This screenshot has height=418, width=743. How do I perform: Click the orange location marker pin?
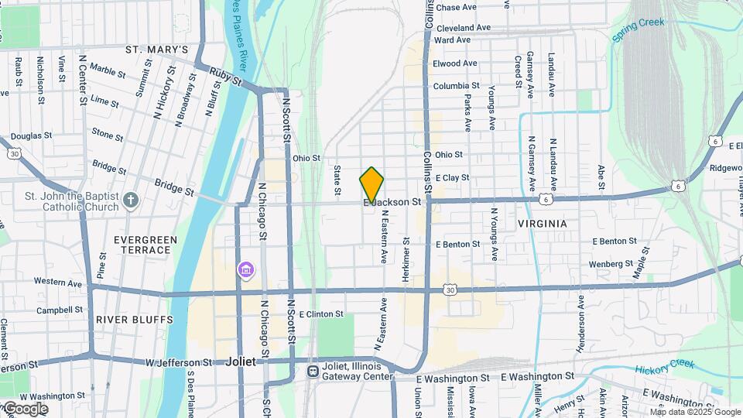[x=371, y=185]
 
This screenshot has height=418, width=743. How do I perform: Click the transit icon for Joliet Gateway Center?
[x=313, y=372]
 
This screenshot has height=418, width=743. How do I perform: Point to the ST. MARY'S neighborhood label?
[x=156, y=50]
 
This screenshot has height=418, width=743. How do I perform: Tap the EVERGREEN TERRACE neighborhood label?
[x=146, y=245]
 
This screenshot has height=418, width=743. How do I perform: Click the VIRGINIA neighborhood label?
[x=542, y=224]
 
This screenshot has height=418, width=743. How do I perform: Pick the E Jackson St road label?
[x=396, y=202]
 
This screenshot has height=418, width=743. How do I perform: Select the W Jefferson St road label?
[x=179, y=361]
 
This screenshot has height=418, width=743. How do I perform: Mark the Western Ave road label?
[x=58, y=283]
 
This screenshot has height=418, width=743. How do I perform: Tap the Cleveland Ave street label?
[x=463, y=27]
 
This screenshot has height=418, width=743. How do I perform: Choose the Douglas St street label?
[x=31, y=135]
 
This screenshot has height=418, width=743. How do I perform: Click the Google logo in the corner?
[x=25, y=409]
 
